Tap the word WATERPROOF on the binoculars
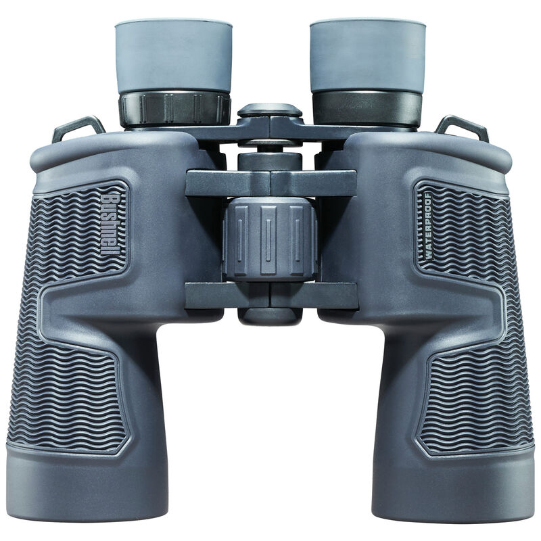coord(428,227)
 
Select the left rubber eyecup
coord(174,56)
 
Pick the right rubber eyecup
coord(367,55)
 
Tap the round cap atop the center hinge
coord(270,110)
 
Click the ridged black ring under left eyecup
coord(174,110)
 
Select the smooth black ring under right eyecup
coord(367,109)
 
